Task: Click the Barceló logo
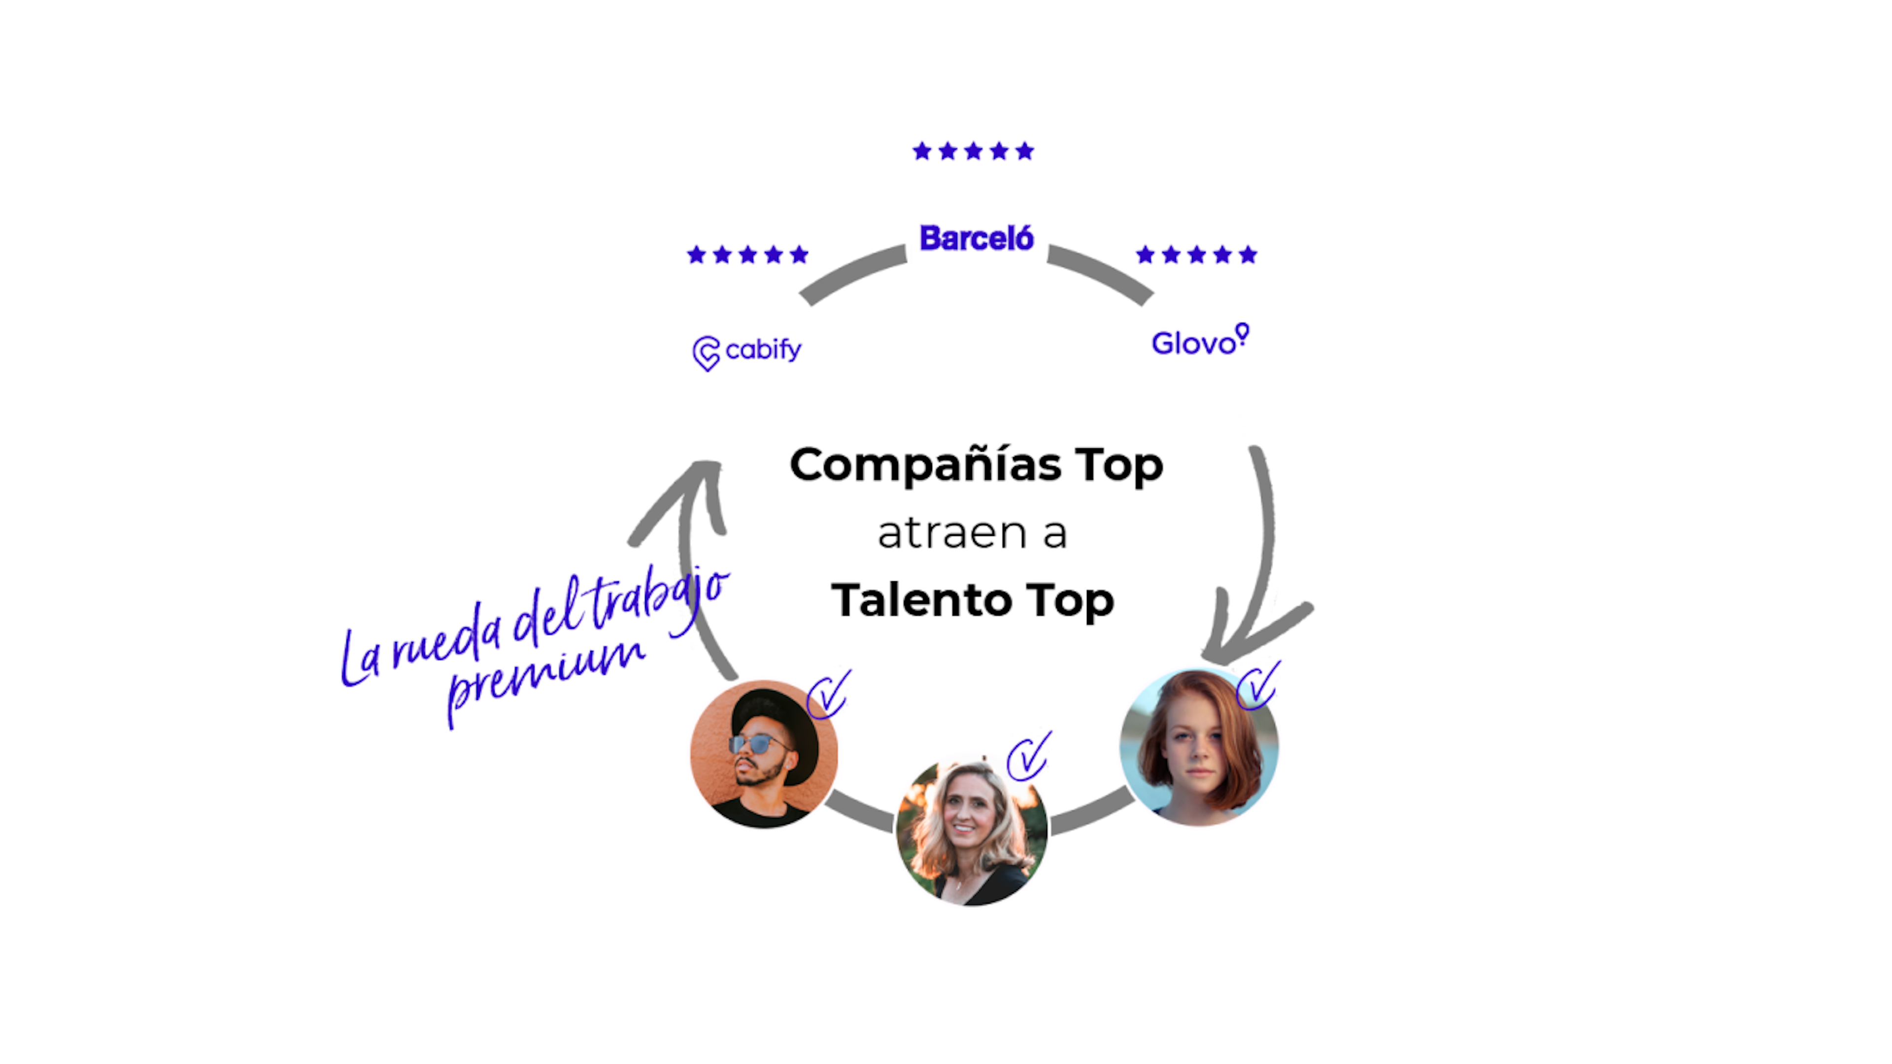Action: [976, 238]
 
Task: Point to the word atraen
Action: [952, 532]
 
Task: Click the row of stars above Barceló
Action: [973, 151]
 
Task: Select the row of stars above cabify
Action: [748, 255]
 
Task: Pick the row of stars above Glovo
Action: [1196, 255]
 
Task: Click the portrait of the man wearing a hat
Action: [764, 754]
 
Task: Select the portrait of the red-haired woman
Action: [1199, 747]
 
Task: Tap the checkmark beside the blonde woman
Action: [1029, 756]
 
